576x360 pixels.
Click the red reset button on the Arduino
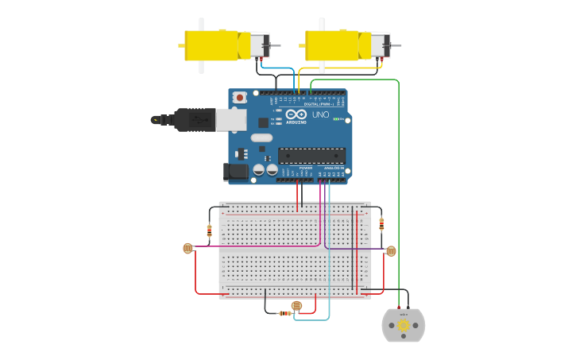click(240, 97)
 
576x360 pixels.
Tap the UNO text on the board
click(320, 114)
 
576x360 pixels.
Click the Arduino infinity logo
click(296, 114)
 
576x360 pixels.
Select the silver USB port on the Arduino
click(230, 119)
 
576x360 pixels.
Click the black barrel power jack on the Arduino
click(235, 171)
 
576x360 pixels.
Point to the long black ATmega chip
click(311, 156)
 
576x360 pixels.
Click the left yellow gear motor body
click(211, 45)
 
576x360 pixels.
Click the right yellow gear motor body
click(332, 45)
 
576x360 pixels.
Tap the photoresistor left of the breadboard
click(188, 248)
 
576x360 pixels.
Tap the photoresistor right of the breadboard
click(390, 251)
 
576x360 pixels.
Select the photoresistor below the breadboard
click(296, 305)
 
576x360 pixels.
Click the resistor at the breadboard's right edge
click(381, 223)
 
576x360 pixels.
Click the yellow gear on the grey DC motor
click(404, 324)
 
